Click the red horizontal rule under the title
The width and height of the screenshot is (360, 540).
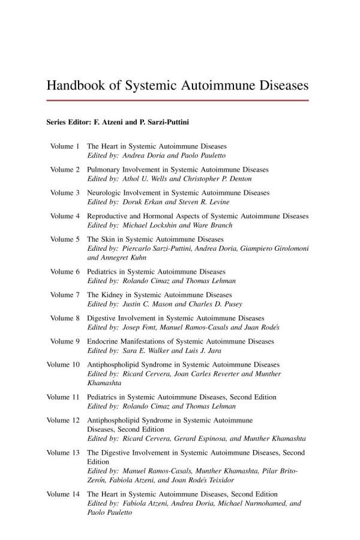[x=178, y=100]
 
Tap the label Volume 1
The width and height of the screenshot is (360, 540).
[x=65, y=146]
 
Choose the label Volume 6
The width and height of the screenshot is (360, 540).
[x=65, y=271]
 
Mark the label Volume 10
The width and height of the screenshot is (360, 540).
[x=63, y=364]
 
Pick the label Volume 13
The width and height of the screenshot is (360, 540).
[x=63, y=452]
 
